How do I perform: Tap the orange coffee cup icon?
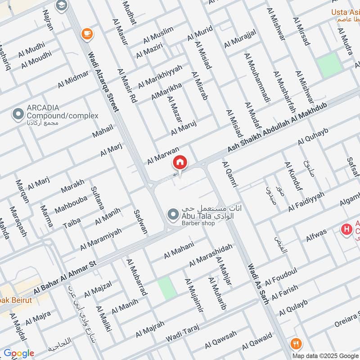[85, 33]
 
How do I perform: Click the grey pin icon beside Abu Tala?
[172, 215]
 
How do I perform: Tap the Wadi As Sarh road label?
[258, 284]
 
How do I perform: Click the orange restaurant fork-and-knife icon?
[296, 344]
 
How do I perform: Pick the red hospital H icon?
[346, 230]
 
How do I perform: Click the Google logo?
[19, 353]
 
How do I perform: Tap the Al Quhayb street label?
[314, 136]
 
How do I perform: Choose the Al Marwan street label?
[163, 156]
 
